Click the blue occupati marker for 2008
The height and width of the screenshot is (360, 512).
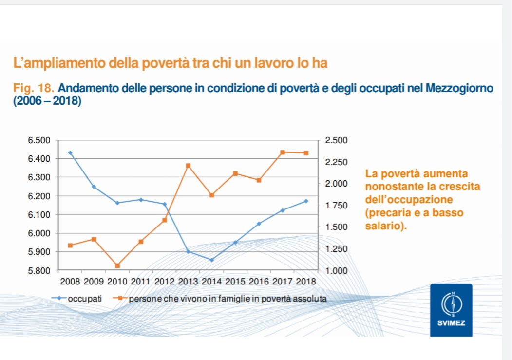click(x=70, y=152)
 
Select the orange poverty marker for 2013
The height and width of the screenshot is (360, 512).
click(x=188, y=166)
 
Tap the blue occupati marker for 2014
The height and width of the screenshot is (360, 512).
click(x=211, y=260)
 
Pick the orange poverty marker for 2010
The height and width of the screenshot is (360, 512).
click(x=117, y=265)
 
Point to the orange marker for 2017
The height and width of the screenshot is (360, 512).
click(x=282, y=152)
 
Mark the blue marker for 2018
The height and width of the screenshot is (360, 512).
click(x=306, y=201)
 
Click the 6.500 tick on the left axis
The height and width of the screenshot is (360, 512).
click(x=39, y=140)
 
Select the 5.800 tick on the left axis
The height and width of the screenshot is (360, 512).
click(x=39, y=270)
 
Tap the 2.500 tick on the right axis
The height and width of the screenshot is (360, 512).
click(x=336, y=140)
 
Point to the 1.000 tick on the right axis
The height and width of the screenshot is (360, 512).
click(x=336, y=270)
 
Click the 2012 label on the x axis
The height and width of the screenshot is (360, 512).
click(x=165, y=282)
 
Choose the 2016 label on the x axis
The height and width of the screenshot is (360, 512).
click(x=259, y=282)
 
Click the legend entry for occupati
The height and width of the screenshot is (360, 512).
click(x=85, y=298)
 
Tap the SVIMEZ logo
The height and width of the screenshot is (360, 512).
click(x=451, y=309)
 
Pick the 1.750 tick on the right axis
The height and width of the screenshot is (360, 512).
click(x=336, y=205)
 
